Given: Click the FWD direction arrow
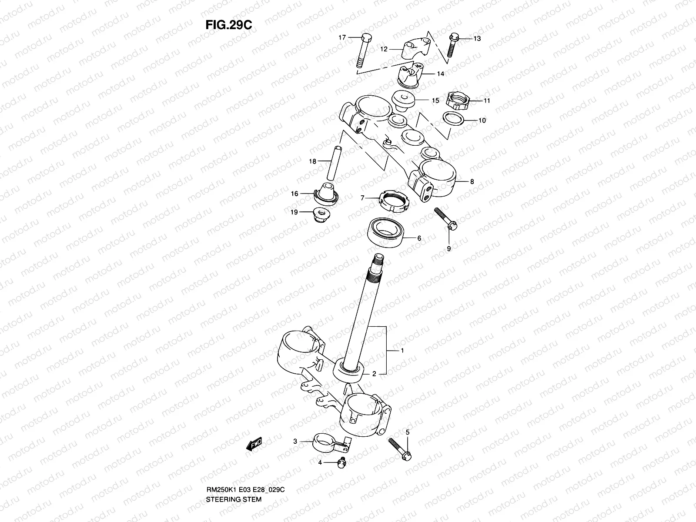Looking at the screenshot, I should tap(254, 444).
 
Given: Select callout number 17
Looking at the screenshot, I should tap(342, 38).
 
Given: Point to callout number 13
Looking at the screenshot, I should tap(477, 39).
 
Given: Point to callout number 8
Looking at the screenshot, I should tap(472, 182).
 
